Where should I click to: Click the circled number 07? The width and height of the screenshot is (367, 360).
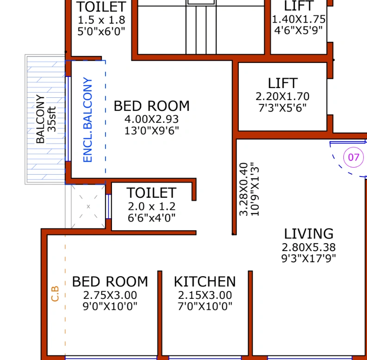click(x=354, y=157)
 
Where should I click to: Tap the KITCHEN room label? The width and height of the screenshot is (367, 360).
click(x=205, y=282)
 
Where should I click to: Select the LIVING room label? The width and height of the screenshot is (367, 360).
click(x=308, y=234)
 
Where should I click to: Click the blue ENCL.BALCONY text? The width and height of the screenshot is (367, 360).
click(x=88, y=120)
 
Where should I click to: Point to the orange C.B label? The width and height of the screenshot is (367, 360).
click(x=55, y=294)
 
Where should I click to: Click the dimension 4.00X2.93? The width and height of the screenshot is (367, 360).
click(x=151, y=119)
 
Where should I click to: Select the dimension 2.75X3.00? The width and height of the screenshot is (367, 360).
click(x=110, y=295)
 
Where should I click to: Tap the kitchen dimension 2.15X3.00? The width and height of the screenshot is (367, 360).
click(x=205, y=295)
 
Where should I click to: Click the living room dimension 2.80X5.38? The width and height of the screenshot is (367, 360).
click(x=308, y=247)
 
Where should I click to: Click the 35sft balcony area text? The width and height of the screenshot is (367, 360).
click(x=52, y=120)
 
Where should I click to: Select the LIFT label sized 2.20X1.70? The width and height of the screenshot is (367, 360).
click(x=282, y=83)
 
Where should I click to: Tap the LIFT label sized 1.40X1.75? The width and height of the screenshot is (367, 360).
click(x=298, y=6)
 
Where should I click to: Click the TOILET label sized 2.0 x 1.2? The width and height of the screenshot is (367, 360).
click(x=151, y=193)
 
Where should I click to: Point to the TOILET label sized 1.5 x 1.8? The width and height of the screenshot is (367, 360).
click(x=101, y=7)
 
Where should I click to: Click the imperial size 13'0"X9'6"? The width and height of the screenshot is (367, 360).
click(x=151, y=131)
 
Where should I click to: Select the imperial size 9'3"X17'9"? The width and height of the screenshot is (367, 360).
click(x=308, y=259)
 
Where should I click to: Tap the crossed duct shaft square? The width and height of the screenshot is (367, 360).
click(x=88, y=206)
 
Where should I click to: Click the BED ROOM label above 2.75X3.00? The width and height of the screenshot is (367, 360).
click(x=110, y=282)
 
